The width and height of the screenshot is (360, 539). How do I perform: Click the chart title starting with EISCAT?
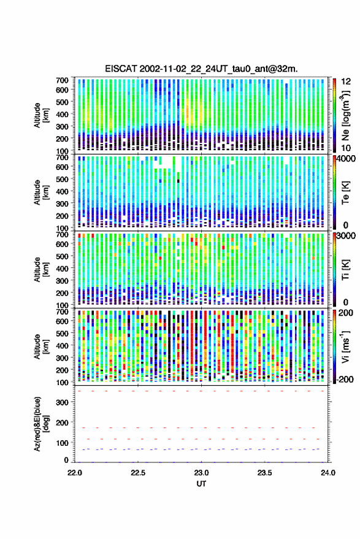pos(201,69)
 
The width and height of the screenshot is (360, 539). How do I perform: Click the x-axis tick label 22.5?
pos(138,473)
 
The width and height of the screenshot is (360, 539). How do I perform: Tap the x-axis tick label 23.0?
pos(201,473)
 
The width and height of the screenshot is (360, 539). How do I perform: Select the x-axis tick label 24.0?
pos(327,473)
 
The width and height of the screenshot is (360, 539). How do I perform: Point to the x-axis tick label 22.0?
pos(75,473)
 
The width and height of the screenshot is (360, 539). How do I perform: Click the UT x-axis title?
pos(201,484)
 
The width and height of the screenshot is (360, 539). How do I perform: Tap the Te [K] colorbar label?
pos(345,193)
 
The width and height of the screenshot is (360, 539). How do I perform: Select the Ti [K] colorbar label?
pos(345,270)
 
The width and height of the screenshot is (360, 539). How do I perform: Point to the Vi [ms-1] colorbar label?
pos(345,346)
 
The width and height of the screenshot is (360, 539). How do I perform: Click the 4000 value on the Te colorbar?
pos(347,159)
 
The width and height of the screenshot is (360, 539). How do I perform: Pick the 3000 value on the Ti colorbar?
pos(347,236)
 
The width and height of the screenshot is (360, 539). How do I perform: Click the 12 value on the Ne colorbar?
pos(347,82)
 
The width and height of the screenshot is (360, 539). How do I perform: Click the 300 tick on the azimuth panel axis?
pos(62,402)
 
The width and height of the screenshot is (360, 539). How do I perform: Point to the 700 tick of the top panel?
pos(62,80)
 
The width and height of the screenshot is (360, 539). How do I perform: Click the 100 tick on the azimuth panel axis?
pos(62,443)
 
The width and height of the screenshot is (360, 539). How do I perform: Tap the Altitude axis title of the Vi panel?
pos(41,346)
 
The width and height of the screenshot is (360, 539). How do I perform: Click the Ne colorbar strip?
pos(334,115)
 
